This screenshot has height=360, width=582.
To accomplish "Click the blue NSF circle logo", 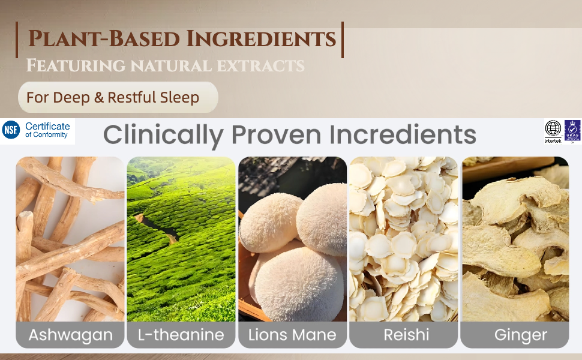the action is (11, 130).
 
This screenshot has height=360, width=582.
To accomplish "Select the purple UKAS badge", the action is (572, 131).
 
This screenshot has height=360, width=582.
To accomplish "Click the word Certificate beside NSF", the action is (47, 126).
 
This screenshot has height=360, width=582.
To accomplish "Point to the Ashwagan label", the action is (70, 334).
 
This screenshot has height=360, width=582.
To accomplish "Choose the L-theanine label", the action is (181, 334).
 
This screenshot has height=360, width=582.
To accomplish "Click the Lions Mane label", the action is (292, 334).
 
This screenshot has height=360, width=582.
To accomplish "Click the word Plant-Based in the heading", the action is (104, 39).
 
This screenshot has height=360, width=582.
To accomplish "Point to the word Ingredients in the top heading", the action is (261, 39).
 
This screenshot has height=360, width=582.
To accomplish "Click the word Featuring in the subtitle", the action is (76, 65).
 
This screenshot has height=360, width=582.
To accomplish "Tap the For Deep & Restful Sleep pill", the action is (118, 97).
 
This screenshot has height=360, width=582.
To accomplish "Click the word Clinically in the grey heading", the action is (163, 135).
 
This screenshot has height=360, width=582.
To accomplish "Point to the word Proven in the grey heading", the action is (276, 134).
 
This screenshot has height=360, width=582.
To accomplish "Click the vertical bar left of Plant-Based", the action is (17, 40).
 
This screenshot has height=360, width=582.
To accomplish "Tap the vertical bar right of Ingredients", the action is (343, 40).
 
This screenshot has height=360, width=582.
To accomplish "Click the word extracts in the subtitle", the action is (260, 66).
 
